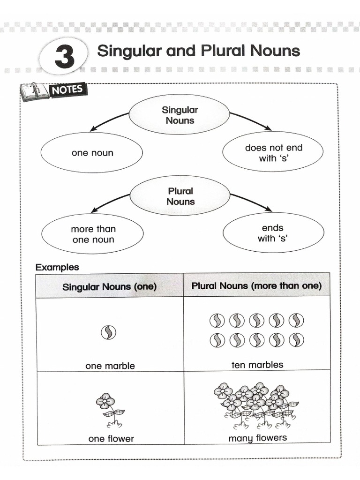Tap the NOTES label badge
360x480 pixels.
pos(66,89)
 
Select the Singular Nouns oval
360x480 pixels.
pos(180,115)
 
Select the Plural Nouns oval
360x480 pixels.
pos(180,196)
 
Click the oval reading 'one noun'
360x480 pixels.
pos(92,153)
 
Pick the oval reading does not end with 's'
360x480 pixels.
pos(273,153)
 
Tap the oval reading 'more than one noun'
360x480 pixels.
pos(93,234)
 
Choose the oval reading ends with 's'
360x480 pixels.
pos(273,233)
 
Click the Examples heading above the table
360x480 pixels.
pos(57,268)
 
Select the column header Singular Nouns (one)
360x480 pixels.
pos(110,286)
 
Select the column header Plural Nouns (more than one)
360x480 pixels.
pos(256,286)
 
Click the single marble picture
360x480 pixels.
pos(108,333)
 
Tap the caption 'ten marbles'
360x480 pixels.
pos(257,364)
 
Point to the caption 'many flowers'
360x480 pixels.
pos(257,438)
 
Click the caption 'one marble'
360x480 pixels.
pos(110,366)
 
